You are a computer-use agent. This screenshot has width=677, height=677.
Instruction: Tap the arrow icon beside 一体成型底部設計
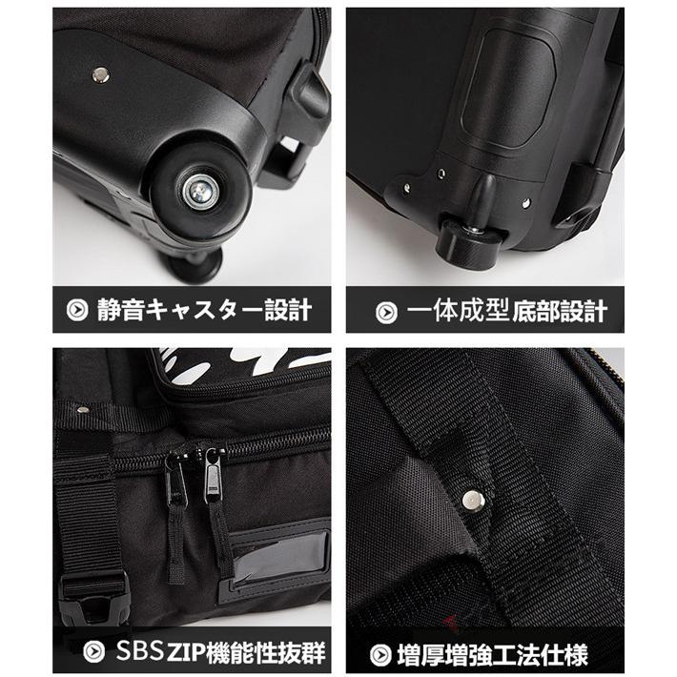tap(386, 310)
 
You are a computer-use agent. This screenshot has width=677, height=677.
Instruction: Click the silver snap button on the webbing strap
tap(470, 498)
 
